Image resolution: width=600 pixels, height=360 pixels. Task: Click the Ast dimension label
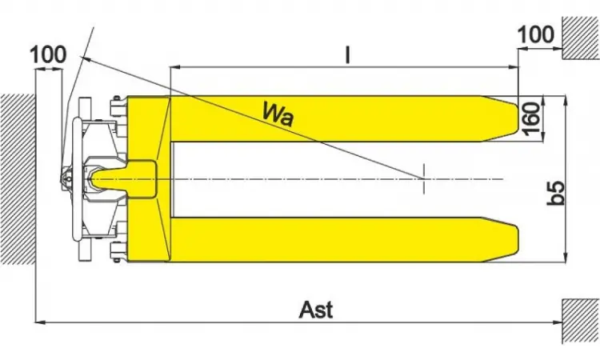click(316, 310)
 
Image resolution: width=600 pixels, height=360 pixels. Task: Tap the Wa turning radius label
click(278, 114)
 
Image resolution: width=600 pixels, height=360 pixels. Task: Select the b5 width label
click(555, 193)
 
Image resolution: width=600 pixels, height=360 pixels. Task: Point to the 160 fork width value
click(531, 118)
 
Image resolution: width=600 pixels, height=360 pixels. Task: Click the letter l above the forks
click(347, 54)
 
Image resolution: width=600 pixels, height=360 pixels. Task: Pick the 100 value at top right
click(536, 34)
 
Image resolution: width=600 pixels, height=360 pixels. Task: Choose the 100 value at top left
click(48, 54)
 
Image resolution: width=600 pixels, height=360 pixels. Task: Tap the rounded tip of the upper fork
click(516, 118)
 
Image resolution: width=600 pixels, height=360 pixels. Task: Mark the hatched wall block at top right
click(581, 38)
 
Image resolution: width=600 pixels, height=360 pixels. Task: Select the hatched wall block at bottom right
click(581, 321)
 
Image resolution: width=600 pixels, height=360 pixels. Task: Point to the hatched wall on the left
click(18, 179)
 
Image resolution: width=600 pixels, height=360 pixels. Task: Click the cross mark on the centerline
click(423, 178)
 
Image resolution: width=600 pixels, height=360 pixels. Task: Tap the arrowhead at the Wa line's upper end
click(85, 58)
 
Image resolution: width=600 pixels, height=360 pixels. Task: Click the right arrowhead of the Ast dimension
click(558, 322)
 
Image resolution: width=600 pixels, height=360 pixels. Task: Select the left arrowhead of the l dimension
click(175, 68)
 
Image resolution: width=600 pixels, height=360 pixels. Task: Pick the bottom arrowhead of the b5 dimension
click(566, 258)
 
